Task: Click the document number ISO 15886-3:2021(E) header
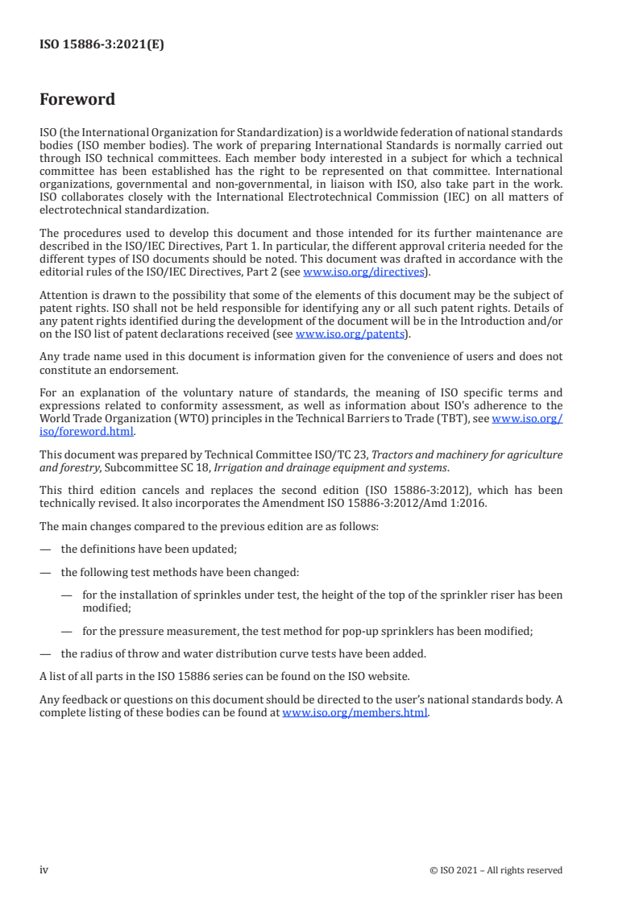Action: (102, 45)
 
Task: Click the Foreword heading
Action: (77, 100)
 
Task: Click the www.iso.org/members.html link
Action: (355, 712)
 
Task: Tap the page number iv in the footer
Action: (44, 869)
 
